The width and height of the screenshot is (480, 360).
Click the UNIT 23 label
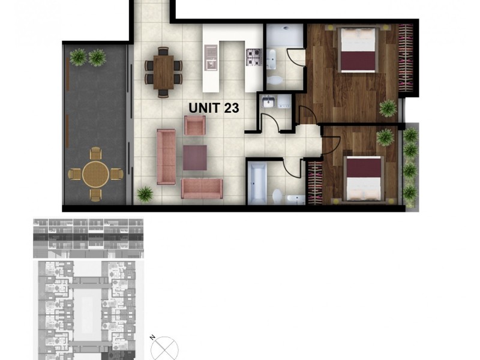tap(214, 108)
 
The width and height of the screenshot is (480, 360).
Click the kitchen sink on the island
tap(211, 62)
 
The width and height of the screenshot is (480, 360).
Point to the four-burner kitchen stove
tap(253, 57)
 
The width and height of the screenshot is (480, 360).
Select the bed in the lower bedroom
tap(364, 178)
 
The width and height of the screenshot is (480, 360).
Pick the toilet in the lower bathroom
tap(277, 196)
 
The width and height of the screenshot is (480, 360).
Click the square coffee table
tap(194, 157)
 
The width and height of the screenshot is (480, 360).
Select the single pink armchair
tap(194, 125)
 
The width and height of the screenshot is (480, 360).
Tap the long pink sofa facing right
tap(166, 156)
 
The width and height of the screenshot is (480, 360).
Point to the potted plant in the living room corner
tap(145, 194)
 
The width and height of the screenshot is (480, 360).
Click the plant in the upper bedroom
tap(388, 108)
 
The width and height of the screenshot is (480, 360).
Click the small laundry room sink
tap(268, 102)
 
